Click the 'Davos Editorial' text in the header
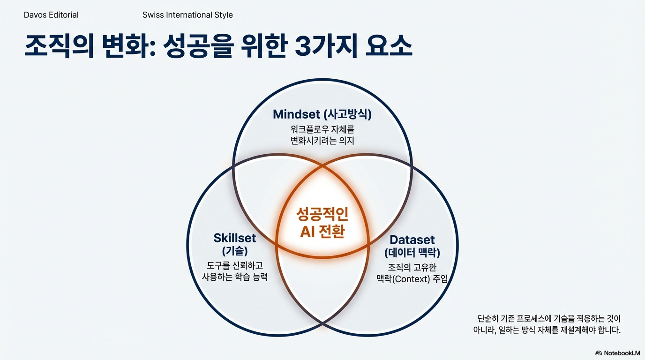click(x=51, y=15)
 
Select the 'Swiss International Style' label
click(x=187, y=15)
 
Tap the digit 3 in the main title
click(x=306, y=47)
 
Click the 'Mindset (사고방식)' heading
click(x=325, y=114)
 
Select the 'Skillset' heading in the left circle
click(x=235, y=238)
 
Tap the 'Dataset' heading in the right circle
click(x=412, y=240)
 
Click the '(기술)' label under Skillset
click(x=235, y=251)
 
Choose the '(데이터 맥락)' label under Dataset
click(x=412, y=253)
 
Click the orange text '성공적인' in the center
click(x=322, y=215)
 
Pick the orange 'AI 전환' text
click(x=322, y=231)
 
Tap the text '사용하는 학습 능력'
click(x=235, y=277)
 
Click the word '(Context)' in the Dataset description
click(x=412, y=279)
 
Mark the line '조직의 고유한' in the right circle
click(x=412, y=268)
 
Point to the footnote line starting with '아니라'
click(x=547, y=330)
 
